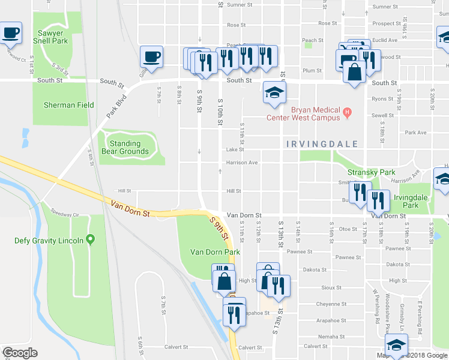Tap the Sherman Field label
pos(68,105)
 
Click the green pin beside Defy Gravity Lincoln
pos(91,241)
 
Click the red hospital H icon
pos(346,111)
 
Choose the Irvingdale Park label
pos(410,201)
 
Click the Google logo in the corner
pos(20,353)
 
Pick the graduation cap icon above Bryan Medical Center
pos(274,92)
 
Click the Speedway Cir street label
pos(65,213)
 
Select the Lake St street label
pos(235,150)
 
